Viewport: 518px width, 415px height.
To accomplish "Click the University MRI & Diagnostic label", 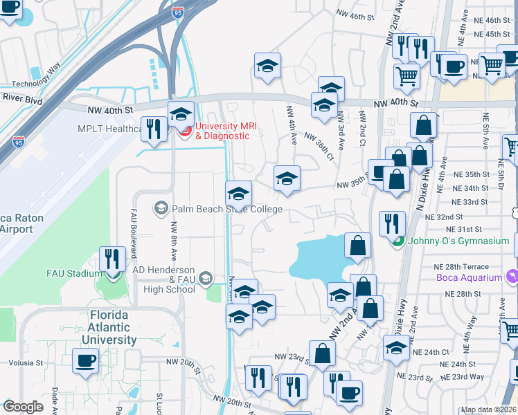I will (x=222, y=131).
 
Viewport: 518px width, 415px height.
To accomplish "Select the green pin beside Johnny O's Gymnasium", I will (x=397, y=241).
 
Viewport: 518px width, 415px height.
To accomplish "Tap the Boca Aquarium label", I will (x=469, y=277).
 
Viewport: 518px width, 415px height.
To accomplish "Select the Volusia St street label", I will (x=26, y=362).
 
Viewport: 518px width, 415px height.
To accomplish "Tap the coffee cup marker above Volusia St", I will (x=85, y=361).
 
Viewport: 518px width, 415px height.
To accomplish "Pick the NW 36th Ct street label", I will (x=319, y=147).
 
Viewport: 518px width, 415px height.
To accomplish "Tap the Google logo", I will (x=23, y=407).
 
